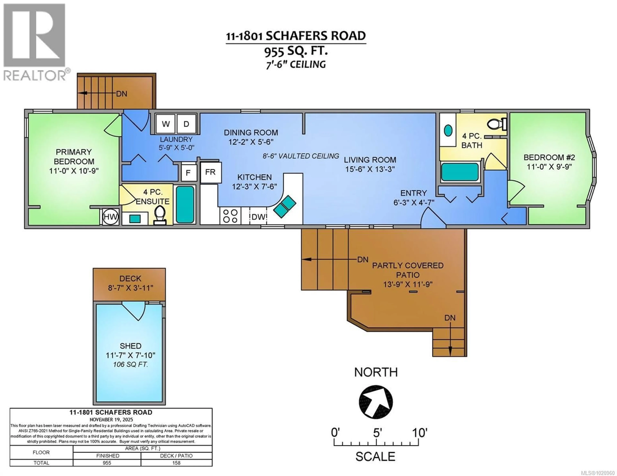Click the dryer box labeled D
[186, 124]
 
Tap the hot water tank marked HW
[110, 217]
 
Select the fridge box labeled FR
[210, 172]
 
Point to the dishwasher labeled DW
[258, 217]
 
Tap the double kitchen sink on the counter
[285, 206]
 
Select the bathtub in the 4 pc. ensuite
[185, 204]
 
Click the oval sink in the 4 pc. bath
[448, 130]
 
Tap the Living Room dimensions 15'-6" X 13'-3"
[370, 169]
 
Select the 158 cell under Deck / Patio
[176, 463]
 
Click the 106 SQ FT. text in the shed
[130, 364]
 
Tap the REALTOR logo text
[35, 75]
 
